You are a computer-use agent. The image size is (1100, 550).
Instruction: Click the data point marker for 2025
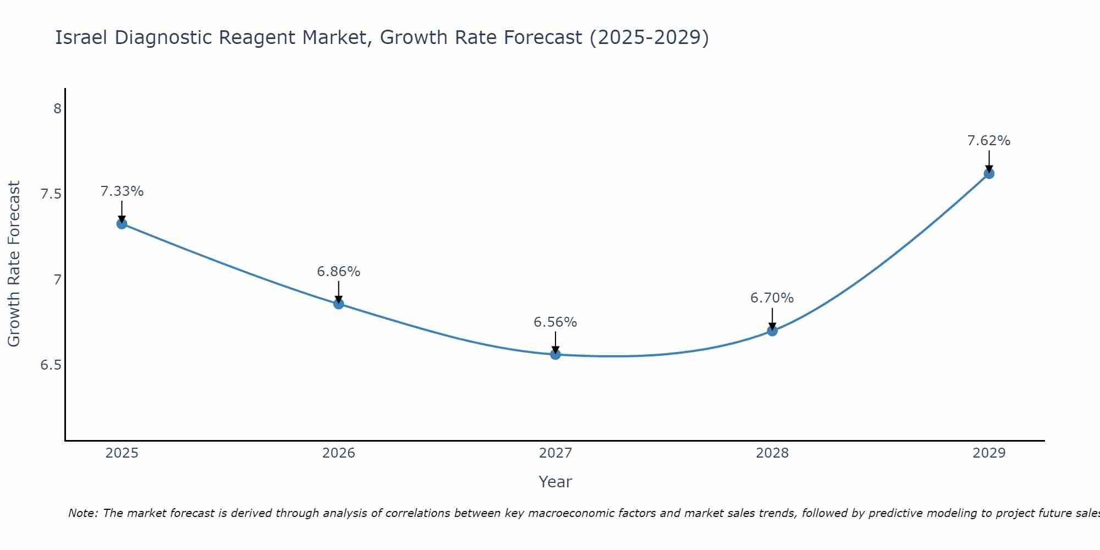[122, 223]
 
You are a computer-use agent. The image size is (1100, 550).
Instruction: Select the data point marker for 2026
[339, 304]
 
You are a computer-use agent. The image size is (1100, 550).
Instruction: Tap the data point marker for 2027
[555, 354]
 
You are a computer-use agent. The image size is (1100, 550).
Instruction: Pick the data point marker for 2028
[772, 331]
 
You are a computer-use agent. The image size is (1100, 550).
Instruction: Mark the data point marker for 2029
[989, 174]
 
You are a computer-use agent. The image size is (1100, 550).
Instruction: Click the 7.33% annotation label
[122, 191]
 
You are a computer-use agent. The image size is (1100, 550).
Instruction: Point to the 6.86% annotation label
[339, 272]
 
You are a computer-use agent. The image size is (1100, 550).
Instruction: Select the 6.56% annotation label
[555, 322]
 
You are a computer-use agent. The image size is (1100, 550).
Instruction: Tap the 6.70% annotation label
[772, 298]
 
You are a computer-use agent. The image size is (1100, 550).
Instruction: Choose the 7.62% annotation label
[989, 141]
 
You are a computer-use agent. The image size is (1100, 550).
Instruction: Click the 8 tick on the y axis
[57, 109]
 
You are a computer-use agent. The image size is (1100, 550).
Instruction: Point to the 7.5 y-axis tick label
[51, 194]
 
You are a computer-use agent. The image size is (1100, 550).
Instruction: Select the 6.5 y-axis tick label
[51, 365]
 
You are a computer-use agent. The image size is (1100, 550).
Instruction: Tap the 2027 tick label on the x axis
[555, 453]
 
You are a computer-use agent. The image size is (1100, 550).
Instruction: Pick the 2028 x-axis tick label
[772, 453]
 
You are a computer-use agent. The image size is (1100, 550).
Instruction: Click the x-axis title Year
[555, 482]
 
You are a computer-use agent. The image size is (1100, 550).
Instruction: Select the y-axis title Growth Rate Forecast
[14, 264]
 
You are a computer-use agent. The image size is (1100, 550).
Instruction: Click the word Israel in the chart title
[81, 37]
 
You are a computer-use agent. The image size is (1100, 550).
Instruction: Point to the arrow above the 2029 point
[989, 161]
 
